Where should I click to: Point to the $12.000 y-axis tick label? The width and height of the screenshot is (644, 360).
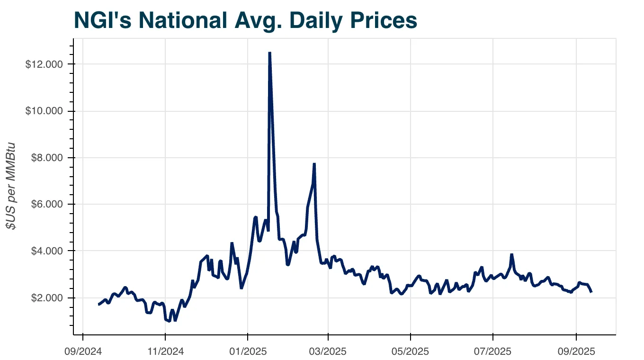(x=44, y=64)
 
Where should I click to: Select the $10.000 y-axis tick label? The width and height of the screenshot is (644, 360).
(x=44, y=111)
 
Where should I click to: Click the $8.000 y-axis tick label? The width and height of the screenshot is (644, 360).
(x=46, y=158)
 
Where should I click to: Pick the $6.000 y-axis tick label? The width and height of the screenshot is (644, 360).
(x=46, y=204)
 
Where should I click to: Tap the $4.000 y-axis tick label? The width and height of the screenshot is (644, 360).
(x=46, y=251)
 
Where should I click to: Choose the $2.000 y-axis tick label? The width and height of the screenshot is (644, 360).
(x=46, y=298)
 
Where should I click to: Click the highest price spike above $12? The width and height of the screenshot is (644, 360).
(x=269, y=53)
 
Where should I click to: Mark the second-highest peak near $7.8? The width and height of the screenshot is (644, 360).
(x=314, y=164)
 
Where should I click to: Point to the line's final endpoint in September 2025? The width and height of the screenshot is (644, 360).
(x=591, y=292)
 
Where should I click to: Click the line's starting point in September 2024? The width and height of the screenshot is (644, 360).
(x=98, y=304)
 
